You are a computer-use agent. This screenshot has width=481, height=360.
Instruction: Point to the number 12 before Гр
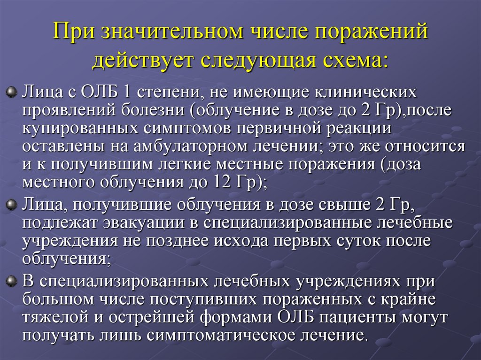click(x=221, y=183)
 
